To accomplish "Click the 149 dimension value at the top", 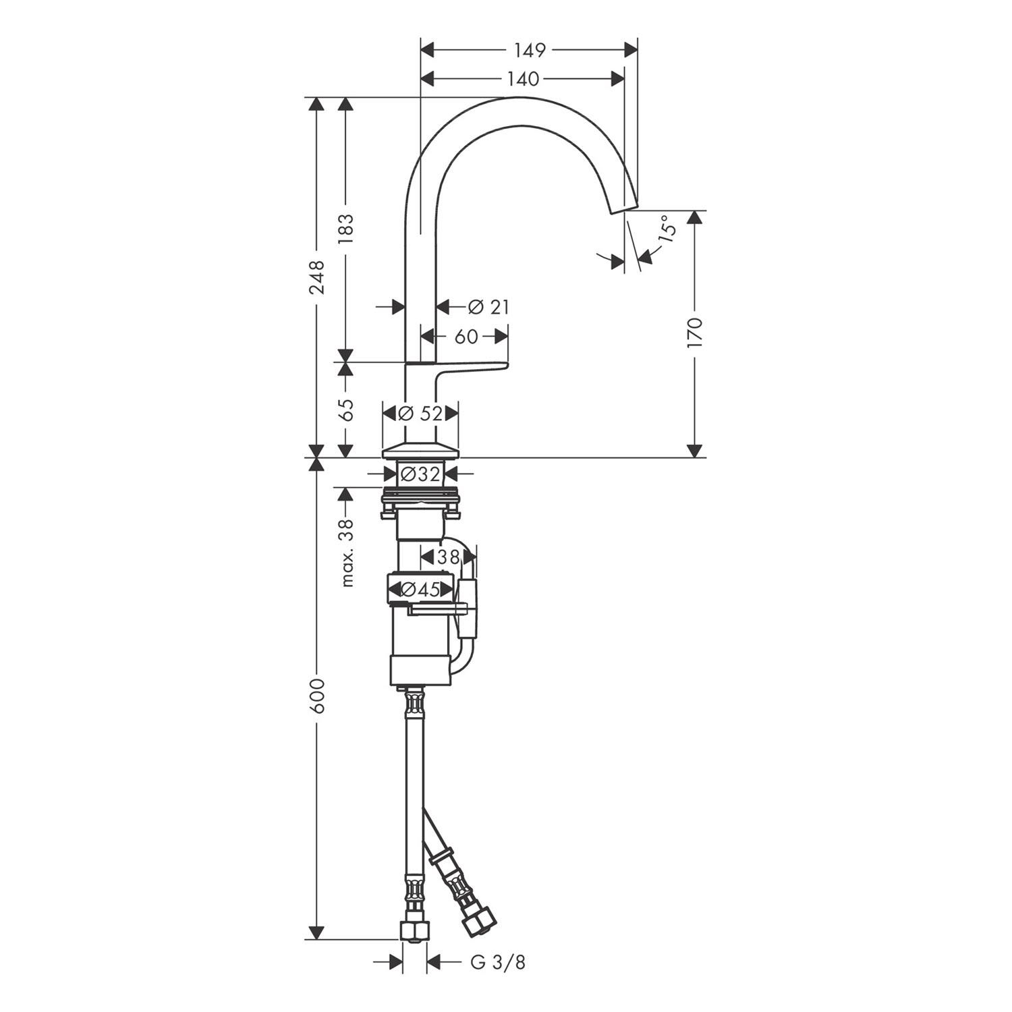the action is pos(530,50).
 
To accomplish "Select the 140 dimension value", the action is pos(524,80).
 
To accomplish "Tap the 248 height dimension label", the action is pos(316,277).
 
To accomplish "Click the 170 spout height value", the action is pos(695,333).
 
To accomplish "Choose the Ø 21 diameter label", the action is pos(488,307).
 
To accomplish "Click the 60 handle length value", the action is pos(466,336).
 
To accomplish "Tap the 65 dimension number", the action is pos(345,410).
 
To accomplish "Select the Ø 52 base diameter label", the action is pos(420,413).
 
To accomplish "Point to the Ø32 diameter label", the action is pos(420,474).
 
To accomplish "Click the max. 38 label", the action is pos(346,553).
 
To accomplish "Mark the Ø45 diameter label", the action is pos(420,590).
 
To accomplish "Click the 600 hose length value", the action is pos(316,696).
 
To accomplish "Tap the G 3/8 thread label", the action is pos(497,962).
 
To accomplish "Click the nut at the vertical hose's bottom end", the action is pos(414,931).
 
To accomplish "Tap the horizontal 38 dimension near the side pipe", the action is pos(448,557).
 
